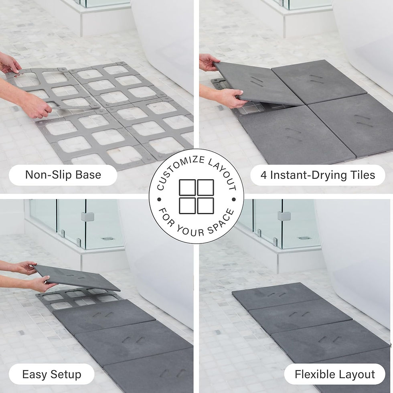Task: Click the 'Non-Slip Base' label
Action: (x=63, y=175)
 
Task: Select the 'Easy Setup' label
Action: (x=52, y=375)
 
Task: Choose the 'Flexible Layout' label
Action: (x=334, y=375)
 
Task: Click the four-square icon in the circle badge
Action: (x=196, y=196)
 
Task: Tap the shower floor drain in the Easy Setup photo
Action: (x=107, y=239)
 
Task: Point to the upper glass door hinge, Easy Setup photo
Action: (x=87, y=217)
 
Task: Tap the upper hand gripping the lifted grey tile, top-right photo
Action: (x=209, y=61)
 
